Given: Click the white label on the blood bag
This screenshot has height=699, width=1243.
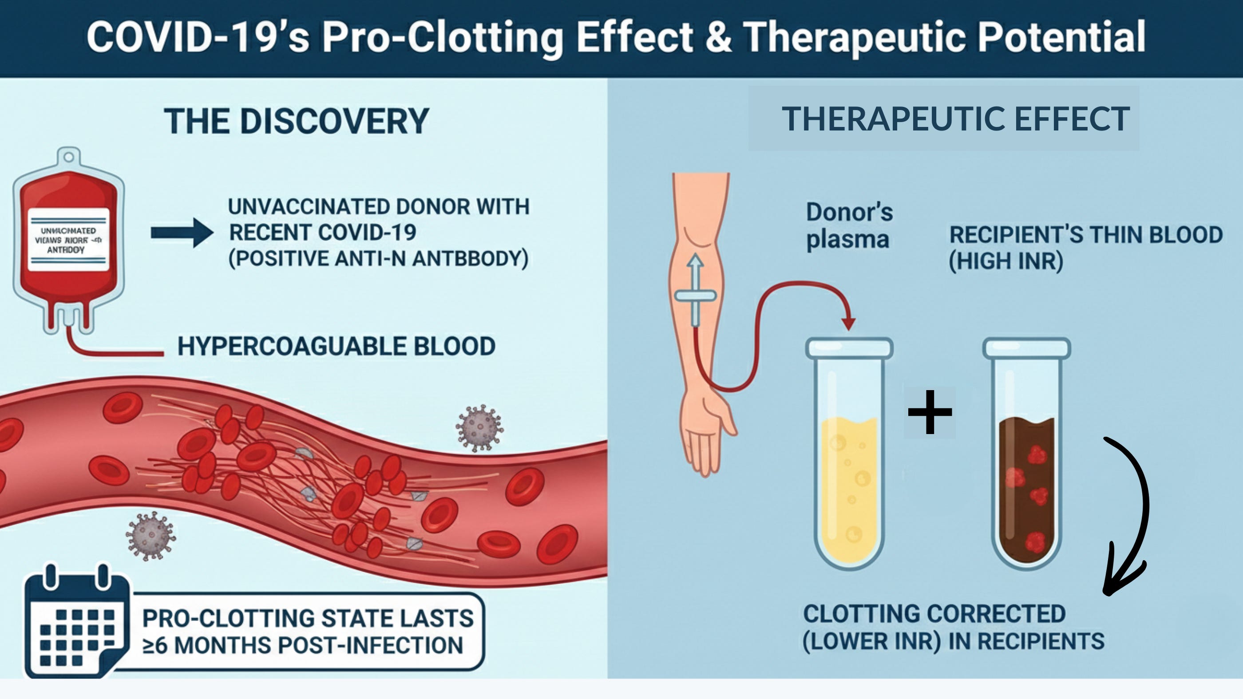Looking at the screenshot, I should point(68,239).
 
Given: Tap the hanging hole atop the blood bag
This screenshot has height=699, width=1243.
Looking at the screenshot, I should point(69,157).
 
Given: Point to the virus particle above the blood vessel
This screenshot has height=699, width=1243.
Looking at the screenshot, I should point(479,428).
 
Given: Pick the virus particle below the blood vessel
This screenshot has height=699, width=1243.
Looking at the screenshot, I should point(150,536).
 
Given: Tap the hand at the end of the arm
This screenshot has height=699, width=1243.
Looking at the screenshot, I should point(705,429).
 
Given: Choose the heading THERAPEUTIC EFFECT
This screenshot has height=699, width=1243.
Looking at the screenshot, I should point(955,118).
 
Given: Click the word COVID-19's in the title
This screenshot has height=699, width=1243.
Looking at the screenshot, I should point(198,37).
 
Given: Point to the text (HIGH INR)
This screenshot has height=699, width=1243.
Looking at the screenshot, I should point(1006,261).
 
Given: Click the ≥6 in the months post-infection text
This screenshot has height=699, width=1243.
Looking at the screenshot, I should point(155,645).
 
